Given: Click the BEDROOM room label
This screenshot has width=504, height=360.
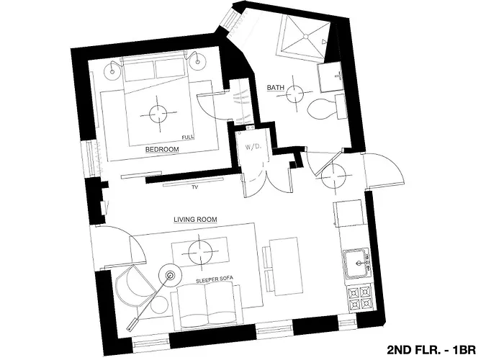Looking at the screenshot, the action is click(162, 150).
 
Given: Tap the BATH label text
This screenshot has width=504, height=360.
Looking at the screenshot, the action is click(276, 87).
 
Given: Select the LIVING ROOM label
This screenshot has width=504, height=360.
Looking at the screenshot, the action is click(195, 219).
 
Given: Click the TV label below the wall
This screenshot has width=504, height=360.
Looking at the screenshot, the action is click(194, 186).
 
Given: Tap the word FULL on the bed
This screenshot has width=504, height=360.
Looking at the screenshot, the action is click(188, 138).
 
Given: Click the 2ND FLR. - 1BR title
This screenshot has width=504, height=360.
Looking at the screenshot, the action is click(431, 349).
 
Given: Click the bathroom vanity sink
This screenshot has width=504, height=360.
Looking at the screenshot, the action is click(331, 77).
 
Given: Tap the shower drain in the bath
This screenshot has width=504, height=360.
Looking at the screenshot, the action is click(306, 37).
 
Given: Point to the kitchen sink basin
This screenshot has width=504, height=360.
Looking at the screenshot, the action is click(356, 264).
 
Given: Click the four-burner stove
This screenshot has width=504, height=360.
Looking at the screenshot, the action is click(360, 298).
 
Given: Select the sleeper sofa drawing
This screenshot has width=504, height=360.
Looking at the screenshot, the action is click(207, 305).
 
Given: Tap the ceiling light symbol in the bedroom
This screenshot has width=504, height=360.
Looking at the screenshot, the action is click(158, 114).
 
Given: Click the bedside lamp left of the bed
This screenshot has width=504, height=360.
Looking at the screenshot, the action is click(112, 67).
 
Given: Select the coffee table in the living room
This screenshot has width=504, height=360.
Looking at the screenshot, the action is click(201, 252).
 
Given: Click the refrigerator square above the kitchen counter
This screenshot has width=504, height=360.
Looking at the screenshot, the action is click(349, 213).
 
